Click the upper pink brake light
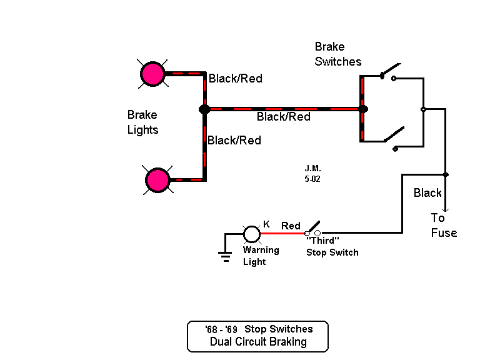[x=152, y=73]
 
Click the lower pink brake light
[x=157, y=181]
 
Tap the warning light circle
[x=251, y=234]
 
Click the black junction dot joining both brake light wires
[x=204, y=109]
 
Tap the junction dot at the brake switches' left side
[x=362, y=109]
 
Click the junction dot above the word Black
[x=445, y=174]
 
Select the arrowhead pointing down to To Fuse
[x=445, y=209]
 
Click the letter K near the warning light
[x=266, y=224]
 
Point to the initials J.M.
[x=312, y=169]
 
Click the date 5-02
[x=312, y=179]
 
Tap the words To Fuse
[x=444, y=226]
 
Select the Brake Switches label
[x=338, y=54]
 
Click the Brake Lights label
[x=142, y=122]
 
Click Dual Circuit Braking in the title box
[x=258, y=342]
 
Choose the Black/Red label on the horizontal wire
[x=283, y=117]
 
